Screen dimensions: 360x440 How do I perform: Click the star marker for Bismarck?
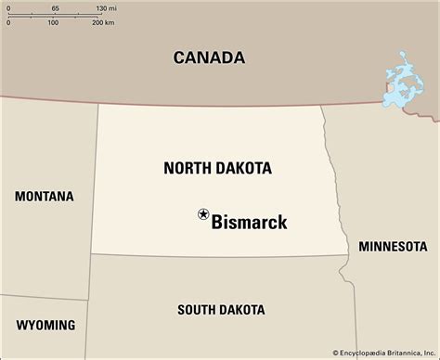203,214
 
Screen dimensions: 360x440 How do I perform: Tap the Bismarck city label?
249,222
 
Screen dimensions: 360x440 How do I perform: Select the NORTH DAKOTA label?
217,168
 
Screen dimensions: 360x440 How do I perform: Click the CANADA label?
209,58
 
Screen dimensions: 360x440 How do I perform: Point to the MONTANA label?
44,196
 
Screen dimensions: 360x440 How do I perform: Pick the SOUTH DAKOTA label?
220,309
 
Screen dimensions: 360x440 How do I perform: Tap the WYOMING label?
45,325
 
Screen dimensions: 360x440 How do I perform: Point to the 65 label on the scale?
55,7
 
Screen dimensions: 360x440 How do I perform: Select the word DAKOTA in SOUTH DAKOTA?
243,309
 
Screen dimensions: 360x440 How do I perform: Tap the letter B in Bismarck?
218,222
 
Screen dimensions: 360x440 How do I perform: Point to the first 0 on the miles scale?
7,7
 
